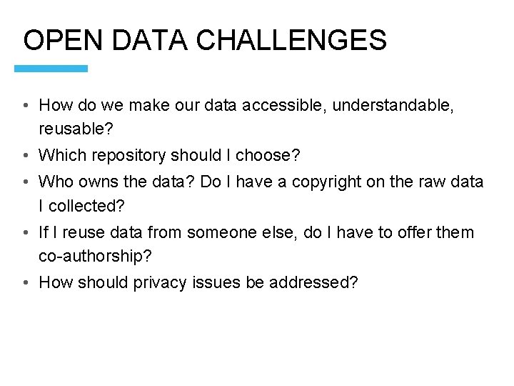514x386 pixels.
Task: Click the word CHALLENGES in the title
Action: click(x=291, y=40)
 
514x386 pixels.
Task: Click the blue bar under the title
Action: click(x=51, y=69)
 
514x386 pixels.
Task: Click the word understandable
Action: click(x=392, y=106)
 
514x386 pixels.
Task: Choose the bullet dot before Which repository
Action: click(x=25, y=156)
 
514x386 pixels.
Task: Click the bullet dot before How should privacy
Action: click(x=25, y=283)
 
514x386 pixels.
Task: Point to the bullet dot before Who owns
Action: click(x=25, y=182)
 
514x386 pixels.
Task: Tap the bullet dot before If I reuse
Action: click(x=25, y=233)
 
